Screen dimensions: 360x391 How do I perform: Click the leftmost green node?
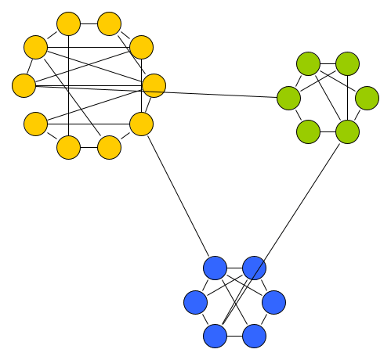pos(288,98)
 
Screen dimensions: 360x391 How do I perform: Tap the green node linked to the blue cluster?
pos(347,131)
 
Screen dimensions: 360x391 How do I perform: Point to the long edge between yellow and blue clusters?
pos(177,196)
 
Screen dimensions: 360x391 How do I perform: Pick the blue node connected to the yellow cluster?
pos(215,268)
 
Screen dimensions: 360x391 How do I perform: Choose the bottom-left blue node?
pos(215,336)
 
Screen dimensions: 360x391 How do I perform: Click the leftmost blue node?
pos(195,301)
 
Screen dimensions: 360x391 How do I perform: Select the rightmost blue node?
pos(273,301)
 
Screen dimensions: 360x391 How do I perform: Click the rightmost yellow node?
pos(154,86)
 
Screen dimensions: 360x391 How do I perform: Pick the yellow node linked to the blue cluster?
pos(140,124)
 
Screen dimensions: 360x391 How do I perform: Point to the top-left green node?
pos(308,63)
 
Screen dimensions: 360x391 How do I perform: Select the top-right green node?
pos(347,63)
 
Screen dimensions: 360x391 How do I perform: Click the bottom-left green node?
pos(308,131)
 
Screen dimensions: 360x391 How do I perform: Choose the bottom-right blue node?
pos(254,336)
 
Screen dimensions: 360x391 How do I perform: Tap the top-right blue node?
pos(254,268)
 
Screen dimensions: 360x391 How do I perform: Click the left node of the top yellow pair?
pos(69,24)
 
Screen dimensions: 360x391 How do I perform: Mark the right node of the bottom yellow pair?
pos(109,146)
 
